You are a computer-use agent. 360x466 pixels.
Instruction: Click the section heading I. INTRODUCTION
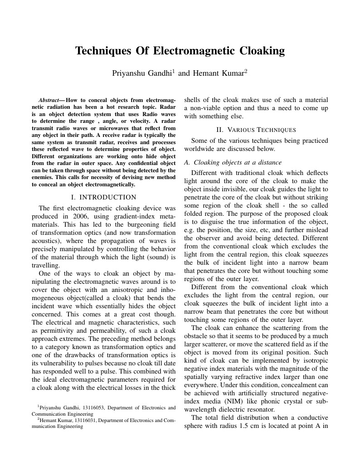tap(104, 197)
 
